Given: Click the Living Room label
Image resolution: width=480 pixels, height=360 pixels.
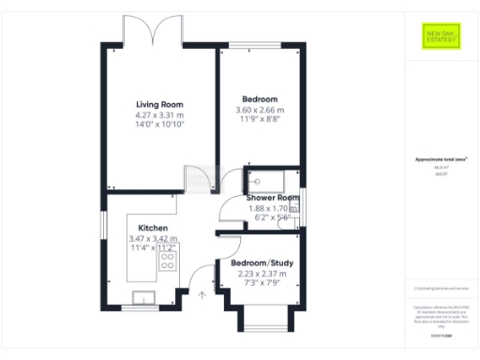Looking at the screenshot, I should coord(159,104).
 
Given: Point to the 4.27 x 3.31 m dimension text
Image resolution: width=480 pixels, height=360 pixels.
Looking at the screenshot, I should coord(159,114).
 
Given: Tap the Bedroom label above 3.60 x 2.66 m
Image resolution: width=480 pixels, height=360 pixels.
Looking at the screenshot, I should coord(260,99).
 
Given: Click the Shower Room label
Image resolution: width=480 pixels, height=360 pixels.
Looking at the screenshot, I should coord(273,198).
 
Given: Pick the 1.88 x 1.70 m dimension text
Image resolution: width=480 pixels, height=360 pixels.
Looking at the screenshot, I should coord(273,208).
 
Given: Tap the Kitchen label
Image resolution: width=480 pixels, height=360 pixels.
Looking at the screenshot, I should coord(153,228).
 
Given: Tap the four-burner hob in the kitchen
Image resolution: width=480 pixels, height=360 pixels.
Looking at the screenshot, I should coord(169,260).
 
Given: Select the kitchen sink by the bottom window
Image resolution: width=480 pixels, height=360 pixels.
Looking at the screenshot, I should coord(146,298).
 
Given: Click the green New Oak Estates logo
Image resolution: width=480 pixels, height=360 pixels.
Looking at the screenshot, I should coord(437,38).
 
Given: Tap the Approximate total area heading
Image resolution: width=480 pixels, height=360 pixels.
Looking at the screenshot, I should coord(436,159).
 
